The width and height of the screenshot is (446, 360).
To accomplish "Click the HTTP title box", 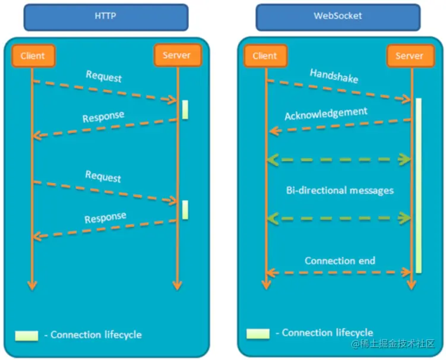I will coord(105,17).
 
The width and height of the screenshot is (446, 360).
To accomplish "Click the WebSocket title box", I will coord(337,17).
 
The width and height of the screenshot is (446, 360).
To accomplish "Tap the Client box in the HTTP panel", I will coord(33,56).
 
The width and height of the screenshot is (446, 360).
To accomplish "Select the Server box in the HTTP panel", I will coord(176,55).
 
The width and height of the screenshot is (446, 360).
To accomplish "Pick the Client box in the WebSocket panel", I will coord(265,56).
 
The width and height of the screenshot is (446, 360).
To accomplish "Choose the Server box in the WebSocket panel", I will coord(409,56).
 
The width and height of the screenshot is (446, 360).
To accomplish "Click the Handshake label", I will coord(334,76).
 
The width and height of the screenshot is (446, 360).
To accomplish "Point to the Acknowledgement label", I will coord(325,113).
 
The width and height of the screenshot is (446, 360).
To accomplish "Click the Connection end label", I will coord(340,261).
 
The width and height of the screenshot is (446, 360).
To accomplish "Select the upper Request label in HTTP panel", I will coord(103,77).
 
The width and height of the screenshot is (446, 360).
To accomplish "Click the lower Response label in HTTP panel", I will coord(105,217).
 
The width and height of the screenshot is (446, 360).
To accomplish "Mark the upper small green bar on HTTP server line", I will coord(185,110).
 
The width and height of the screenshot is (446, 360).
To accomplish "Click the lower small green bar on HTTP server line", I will coord(185,209).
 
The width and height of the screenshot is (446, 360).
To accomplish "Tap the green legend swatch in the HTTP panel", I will coord(27,335).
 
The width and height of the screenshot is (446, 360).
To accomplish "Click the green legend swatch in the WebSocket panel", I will coord(258,333).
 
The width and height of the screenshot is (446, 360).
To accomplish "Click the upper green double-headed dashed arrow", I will coord(339,159).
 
